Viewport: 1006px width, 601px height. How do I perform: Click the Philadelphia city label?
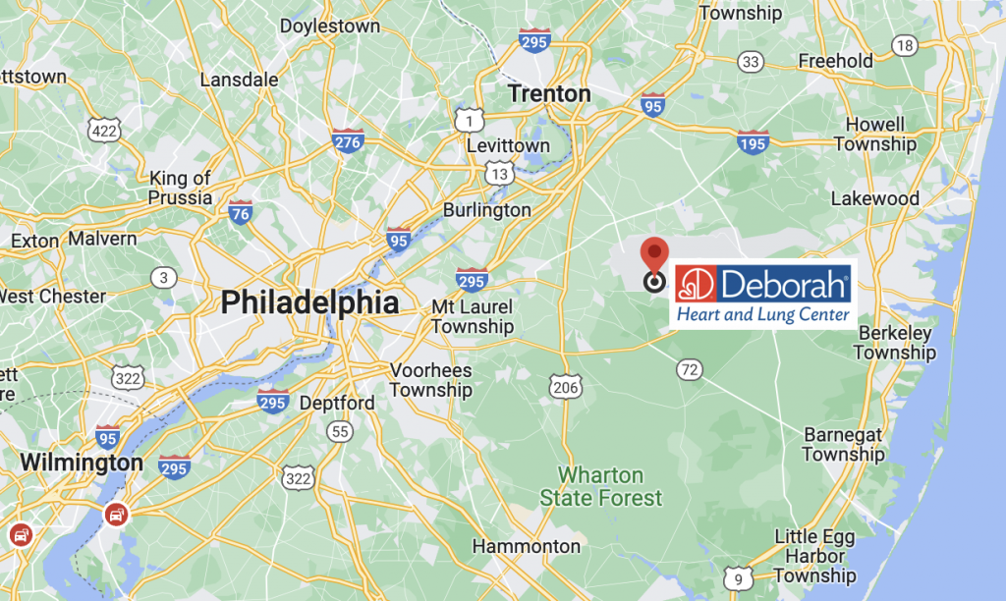pyautogui.click(x=309, y=302)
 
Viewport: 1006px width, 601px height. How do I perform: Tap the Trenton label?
pyautogui.click(x=549, y=94)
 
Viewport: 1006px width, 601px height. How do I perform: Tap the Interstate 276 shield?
pyautogui.click(x=348, y=142)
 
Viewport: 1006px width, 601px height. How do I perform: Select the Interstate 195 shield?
pyautogui.click(x=754, y=144)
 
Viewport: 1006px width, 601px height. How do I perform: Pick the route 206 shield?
pyautogui.click(x=565, y=388)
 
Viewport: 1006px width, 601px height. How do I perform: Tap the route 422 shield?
pyautogui.click(x=103, y=130)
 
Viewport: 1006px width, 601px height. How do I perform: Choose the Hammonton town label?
pyautogui.click(x=527, y=546)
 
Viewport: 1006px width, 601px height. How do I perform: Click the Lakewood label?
pyautogui.click(x=874, y=198)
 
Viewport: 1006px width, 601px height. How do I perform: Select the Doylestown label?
pyautogui.click(x=329, y=27)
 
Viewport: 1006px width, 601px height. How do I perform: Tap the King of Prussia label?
pyautogui.click(x=180, y=188)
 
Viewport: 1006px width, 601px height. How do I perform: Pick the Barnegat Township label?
pyautogui.click(x=843, y=444)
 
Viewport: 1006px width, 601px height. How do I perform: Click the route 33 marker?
pyautogui.click(x=751, y=63)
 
